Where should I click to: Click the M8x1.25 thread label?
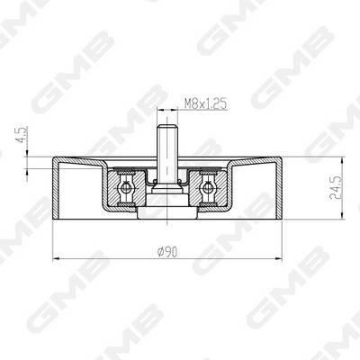tap(205, 104)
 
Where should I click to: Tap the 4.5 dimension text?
tap(22, 135)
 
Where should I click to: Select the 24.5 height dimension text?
tap(336, 188)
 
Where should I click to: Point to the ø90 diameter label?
tap(167, 252)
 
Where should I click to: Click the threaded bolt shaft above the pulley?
tap(167, 155)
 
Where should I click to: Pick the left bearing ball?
tap(126, 188)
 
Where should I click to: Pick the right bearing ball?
tap(207, 188)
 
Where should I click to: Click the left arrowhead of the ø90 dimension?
tap(57, 258)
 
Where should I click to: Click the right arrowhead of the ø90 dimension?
tap(278, 258)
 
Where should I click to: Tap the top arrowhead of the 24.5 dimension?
tap(341, 160)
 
